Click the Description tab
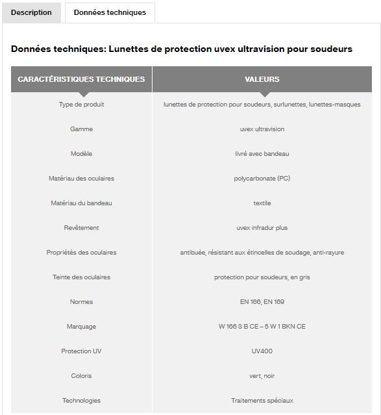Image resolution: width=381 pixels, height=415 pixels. [31, 12]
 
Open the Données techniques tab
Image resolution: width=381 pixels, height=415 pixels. [110, 12]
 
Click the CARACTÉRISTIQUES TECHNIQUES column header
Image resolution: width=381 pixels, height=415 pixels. [81, 79]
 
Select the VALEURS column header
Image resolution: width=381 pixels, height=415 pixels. [262, 79]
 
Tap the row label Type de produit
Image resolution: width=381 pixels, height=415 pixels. [81, 105]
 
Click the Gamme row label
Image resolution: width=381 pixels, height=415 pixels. [81, 129]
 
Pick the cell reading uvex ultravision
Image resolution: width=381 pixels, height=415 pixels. [262, 129]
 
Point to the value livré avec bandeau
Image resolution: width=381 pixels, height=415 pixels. [262, 154]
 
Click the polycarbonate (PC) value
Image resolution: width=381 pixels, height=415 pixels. [262, 179]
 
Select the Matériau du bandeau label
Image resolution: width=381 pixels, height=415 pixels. [81, 203]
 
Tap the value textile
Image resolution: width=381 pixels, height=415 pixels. [262, 203]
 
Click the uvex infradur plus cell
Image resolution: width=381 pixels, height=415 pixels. [262, 228]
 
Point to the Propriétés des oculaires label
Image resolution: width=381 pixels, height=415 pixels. [81, 253]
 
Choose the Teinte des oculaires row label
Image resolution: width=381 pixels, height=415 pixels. [81, 277]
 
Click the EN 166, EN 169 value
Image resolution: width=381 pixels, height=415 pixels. [262, 302]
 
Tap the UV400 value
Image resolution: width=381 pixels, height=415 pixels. [262, 351]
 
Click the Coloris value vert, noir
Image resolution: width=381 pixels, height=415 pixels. [262, 376]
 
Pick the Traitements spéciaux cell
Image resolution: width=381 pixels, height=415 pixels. [262, 401]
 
